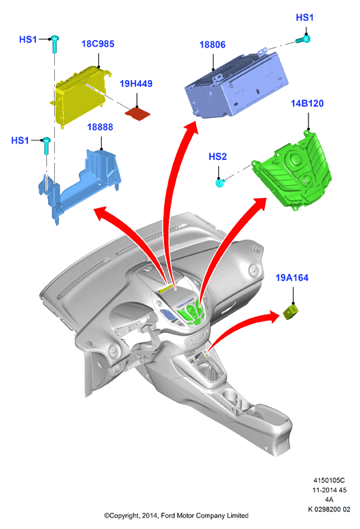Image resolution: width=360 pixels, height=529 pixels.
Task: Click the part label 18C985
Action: tap(98, 44)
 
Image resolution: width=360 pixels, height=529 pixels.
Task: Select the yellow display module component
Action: tap(81, 96)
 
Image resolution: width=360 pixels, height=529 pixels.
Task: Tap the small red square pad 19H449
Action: tap(138, 114)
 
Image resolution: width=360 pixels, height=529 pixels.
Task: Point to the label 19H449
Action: tap(136, 83)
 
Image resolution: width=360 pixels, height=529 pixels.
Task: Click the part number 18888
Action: tap(100, 128)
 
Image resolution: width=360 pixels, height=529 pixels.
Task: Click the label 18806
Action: tap(212, 45)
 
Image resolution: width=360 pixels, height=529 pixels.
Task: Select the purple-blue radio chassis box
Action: tap(236, 84)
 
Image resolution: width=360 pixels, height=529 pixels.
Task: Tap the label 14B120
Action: tap(307, 103)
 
